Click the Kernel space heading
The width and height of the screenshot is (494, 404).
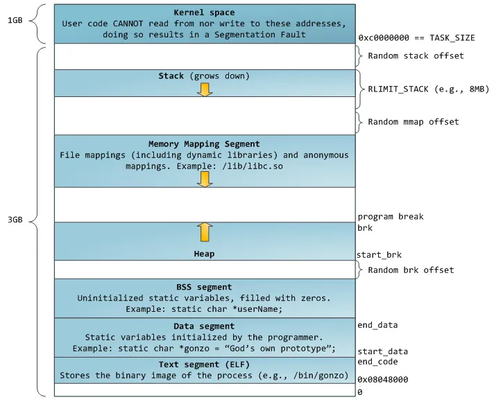click(203, 12)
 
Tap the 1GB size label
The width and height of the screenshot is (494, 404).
click(15, 20)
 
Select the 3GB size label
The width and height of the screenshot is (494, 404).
click(15, 220)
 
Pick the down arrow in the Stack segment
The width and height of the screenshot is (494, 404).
click(204, 88)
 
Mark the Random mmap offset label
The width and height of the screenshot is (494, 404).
click(413, 122)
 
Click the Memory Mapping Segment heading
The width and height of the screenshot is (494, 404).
click(203, 144)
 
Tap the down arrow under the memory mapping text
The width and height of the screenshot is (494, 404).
click(204, 179)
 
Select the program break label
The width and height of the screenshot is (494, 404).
click(391, 216)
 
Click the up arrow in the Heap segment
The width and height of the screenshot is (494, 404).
click(204, 231)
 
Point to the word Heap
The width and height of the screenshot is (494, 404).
click(204, 254)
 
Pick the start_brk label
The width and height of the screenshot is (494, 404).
click(380, 255)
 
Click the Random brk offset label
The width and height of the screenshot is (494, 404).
click(411, 270)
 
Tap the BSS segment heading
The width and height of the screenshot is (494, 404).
click(203, 287)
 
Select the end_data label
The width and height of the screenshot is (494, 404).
click(377, 324)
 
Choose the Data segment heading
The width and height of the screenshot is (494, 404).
click(203, 326)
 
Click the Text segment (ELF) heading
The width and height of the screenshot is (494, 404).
click(203, 365)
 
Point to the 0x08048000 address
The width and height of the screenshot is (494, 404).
click(382, 379)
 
